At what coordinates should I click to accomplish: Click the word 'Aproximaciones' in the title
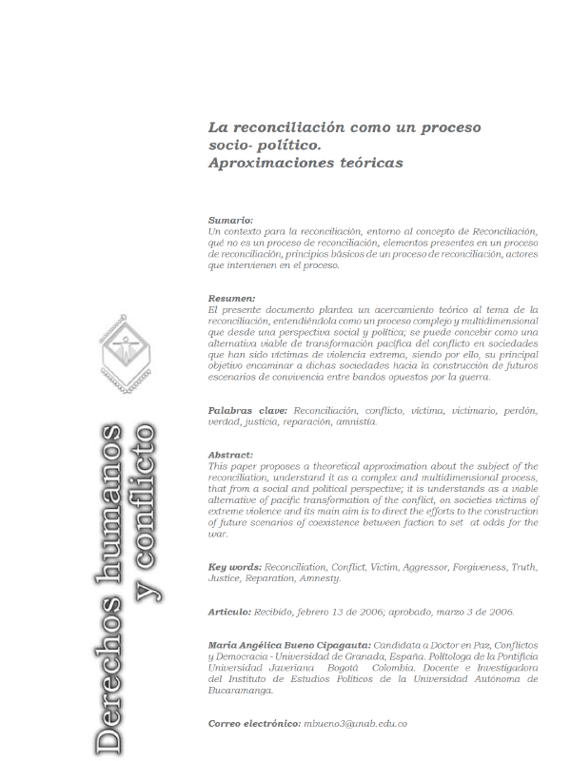coord(268,163)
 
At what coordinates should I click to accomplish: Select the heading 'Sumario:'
coord(230,220)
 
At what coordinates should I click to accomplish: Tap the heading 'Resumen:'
coord(231,299)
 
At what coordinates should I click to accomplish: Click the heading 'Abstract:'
coord(230,455)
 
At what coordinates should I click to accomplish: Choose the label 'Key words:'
coord(235,567)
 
